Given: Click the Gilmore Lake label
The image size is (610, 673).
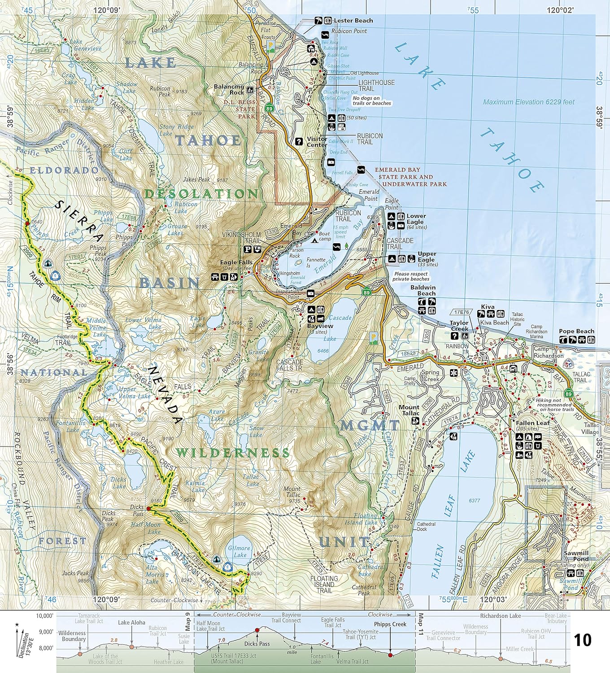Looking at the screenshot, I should (x=239, y=551).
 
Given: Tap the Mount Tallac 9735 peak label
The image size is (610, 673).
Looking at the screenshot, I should (x=292, y=492).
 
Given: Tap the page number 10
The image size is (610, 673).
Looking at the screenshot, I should (x=583, y=640).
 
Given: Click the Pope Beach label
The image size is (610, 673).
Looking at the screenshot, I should (x=576, y=331).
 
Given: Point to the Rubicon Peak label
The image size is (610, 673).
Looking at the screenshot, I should (x=160, y=92).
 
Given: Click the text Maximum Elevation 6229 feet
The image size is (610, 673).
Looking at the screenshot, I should (x=529, y=102).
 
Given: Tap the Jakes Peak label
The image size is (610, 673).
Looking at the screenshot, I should (x=196, y=179).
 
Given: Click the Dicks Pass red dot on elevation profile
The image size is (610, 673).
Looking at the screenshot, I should (x=257, y=630).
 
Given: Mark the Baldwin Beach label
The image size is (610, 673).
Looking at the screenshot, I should (x=426, y=290).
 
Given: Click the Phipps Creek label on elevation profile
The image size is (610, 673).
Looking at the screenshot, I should (x=390, y=624).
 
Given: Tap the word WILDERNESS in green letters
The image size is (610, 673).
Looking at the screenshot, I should (x=232, y=453).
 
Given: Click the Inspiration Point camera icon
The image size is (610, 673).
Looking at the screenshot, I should (x=310, y=293).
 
